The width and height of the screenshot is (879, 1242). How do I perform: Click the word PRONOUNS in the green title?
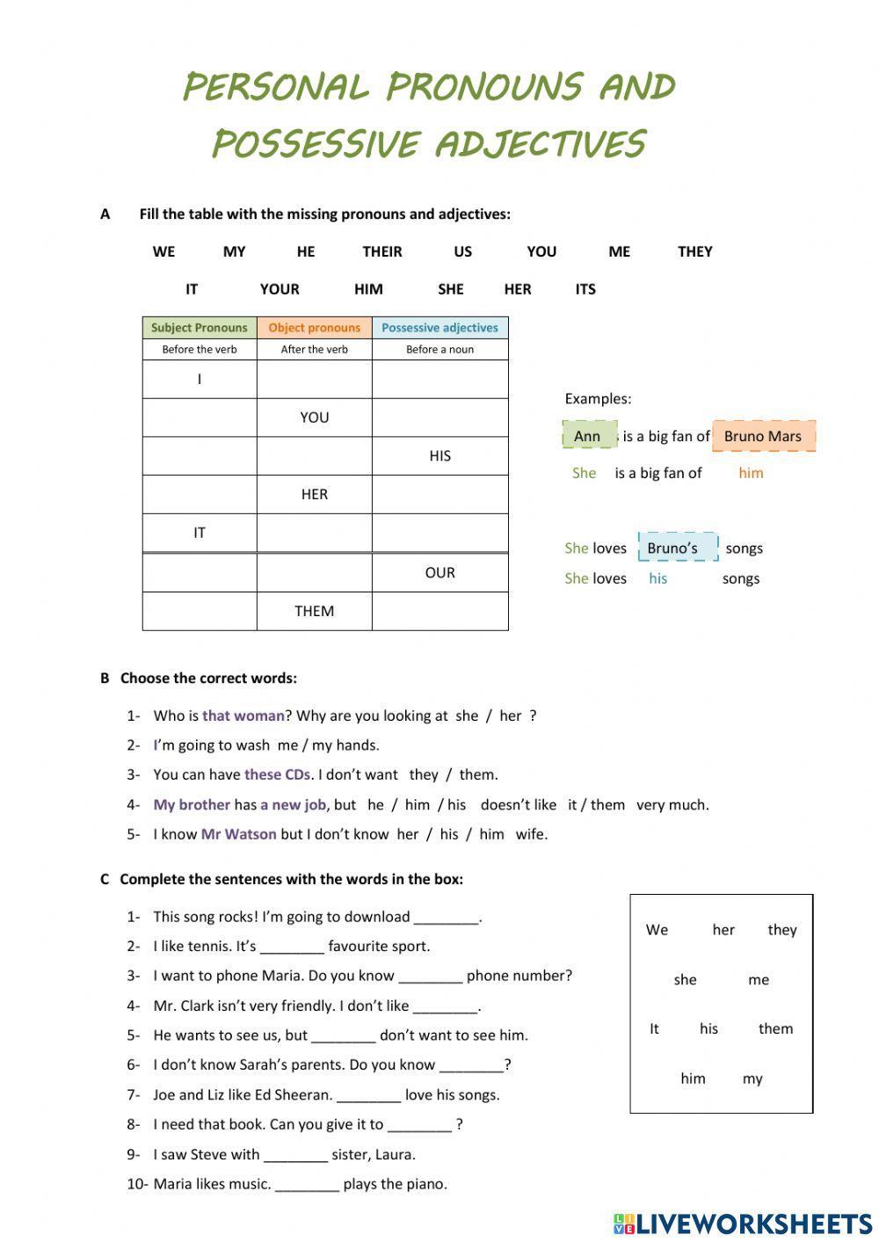(484, 87)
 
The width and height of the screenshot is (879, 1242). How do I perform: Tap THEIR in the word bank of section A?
(382, 251)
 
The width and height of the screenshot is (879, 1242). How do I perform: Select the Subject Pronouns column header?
(200, 328)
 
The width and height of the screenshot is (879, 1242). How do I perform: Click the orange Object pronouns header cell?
(314, 328)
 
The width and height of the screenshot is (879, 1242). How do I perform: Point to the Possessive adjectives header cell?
(439, 328)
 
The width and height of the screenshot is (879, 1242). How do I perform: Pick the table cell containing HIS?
(439, 455)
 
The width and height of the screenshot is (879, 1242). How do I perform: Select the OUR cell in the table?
(439, 572)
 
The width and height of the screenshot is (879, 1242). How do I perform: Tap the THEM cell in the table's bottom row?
(314, 611)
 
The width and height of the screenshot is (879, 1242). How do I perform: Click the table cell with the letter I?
(200, 379)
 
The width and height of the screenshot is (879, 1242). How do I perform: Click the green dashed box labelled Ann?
(589, 436)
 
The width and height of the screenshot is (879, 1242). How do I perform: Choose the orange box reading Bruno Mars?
(763, 436)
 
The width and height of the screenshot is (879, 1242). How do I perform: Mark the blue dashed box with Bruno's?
(677, 548)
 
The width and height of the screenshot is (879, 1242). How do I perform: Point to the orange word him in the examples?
(751, 473)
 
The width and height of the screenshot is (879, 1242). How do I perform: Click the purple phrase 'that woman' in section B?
(243, 715)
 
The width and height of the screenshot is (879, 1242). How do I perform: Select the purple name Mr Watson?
(238, 833)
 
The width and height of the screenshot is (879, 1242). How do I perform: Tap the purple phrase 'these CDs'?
(277, 774)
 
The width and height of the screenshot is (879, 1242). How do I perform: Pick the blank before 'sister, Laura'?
(295, 1155)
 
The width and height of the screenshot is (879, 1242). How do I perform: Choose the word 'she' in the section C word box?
(685, 979)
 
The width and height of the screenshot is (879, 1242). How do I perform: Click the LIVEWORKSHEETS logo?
(743, 1224)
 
